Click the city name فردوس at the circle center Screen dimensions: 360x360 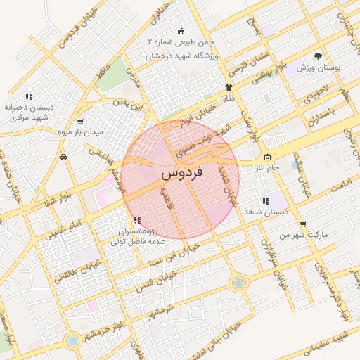click(x=181, y=172)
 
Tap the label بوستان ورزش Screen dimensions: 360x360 click(x=319, y=67)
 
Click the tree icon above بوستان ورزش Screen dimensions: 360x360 click(x=319, y=56)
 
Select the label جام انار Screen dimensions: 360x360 click(x=267, y=167)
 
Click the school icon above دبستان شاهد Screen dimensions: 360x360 click(x=266, y=201)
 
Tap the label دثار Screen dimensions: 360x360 click(x=229, y=98)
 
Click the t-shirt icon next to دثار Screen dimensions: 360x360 click(x=229, y=87)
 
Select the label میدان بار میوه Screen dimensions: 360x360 click(x=99, y=131)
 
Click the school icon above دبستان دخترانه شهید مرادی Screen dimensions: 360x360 click(x=29, y=96)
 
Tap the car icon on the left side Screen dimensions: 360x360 click(x=64, y=157)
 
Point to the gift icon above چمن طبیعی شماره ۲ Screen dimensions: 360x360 click(x=181, y=31)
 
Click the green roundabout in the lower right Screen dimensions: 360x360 click(x=239, y=283)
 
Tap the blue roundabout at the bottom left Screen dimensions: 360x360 click(x=72, y=341)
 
